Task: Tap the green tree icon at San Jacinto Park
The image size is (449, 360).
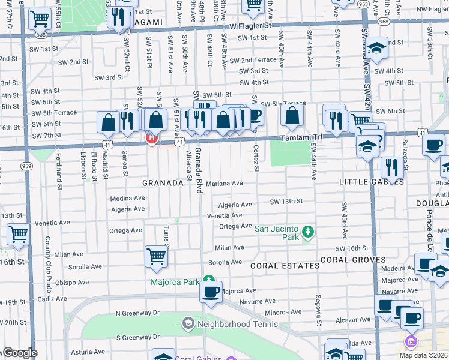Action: point(307,231)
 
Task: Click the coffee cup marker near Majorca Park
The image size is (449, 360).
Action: point(211,292)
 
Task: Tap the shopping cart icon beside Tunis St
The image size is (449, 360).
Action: point(156,257)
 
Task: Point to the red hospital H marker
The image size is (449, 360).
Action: point(152,139)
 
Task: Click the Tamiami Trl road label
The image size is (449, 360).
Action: point(303,139)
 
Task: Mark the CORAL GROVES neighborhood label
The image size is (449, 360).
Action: point(353,260)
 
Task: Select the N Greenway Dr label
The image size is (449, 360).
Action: point(137,313)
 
